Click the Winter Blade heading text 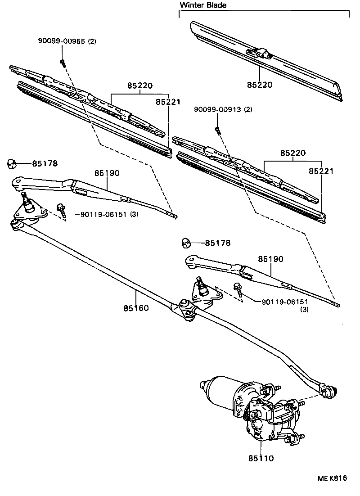tap(203, 5)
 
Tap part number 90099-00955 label tap(67, 42)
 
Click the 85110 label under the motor tap(261, 458)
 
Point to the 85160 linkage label tap(136, 308)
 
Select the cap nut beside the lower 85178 tap(185, 243)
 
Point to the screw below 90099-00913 tap(217, 131)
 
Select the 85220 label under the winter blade tap(259, 84)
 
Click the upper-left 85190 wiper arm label tap(107, 173)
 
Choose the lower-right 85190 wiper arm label tap(270, 259)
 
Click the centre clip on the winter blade tap(260, 54)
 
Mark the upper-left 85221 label tap(168, 102)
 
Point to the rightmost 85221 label tap(321, 171)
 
